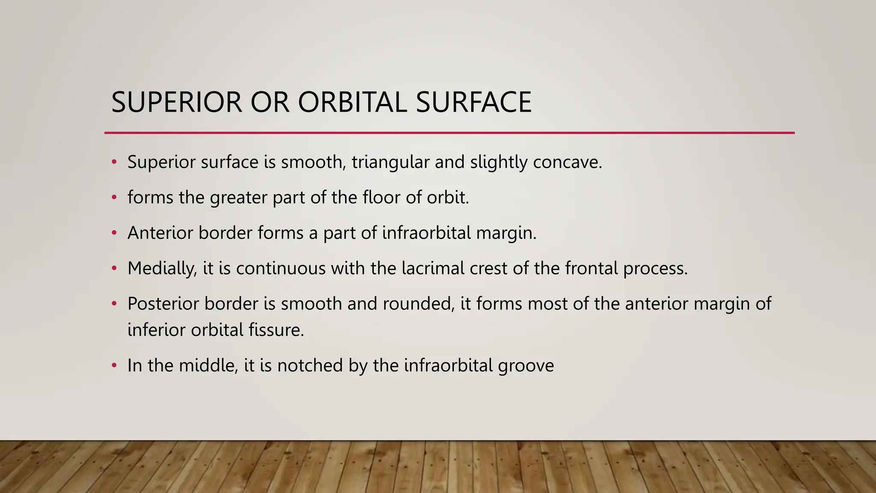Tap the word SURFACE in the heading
[474, 102]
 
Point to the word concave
[567, 162]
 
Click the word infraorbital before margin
[426, 233]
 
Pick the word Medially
[162, 269]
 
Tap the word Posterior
[163, 303]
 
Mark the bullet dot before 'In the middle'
[114, 365]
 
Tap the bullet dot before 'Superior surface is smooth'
[114, 162]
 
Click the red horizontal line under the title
[449, 133]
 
